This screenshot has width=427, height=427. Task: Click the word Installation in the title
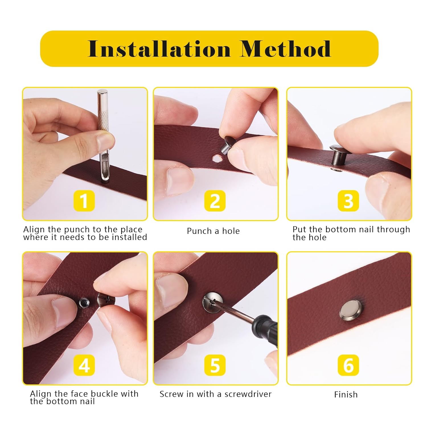pos(159,49)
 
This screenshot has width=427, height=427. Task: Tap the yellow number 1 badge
pos(84,201)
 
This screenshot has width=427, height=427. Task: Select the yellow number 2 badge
pos(215,201)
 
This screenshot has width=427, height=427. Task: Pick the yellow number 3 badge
pos(348,201)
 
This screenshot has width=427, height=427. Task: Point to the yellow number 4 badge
pos(84,365)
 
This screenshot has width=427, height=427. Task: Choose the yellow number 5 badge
pos(215,365)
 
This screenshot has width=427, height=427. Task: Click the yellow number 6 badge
pos(348,365)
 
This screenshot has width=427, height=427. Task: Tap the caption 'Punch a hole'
pos(213,231)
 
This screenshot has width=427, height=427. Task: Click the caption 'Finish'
pos(346,394)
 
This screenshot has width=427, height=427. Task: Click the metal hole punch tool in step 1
pos(105,135)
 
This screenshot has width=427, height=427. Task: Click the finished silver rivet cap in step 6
pos(351,309)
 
